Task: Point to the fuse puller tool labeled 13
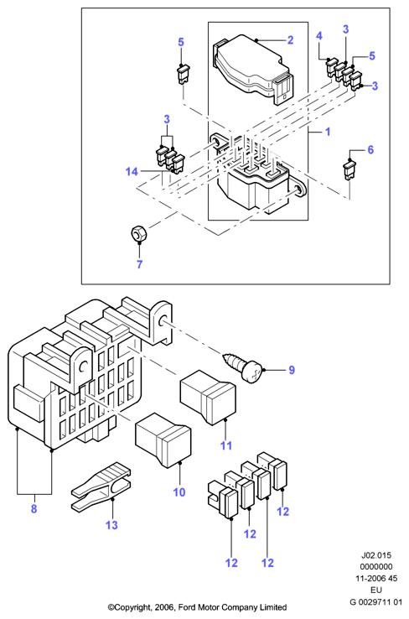click(x=101, y=486)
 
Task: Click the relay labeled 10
click(x=163, y=440)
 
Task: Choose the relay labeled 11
click(x=208, y=397)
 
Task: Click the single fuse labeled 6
click(x=349, y=169)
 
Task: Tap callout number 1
click(x=328, y=132)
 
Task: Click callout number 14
click(x=132, y=171)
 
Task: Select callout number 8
click(x=34, y=508)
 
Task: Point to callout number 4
click(x=319, y=36)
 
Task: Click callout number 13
click(x=111, y=525)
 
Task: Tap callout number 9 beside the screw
click(x=292, y=370)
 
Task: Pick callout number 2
click(x=290, y=40)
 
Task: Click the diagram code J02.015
click(x=376, y=555)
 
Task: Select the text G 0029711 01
click(x=375, y=602)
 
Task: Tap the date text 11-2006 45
click(x=376, y=579)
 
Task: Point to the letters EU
click(x=376, y=590)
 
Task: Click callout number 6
click(x=370, y=149)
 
